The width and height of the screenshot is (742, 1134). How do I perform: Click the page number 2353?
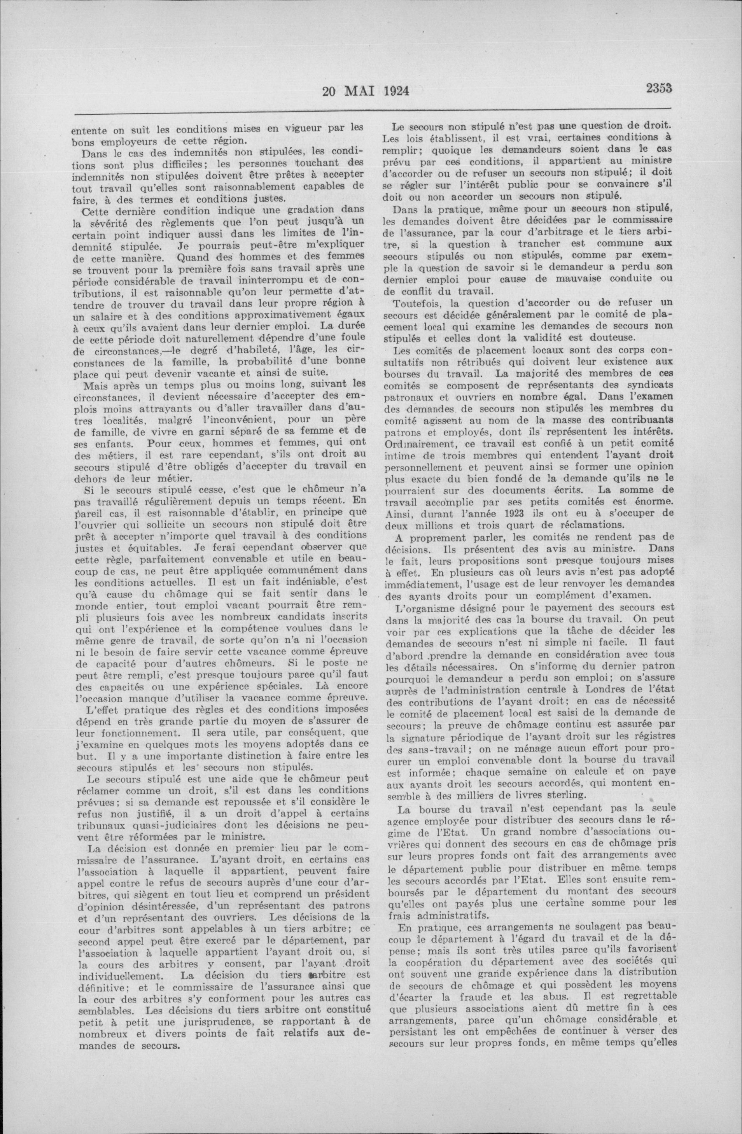click(x=659, y=88)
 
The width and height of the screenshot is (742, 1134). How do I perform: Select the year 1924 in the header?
click(x=397, y=91)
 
